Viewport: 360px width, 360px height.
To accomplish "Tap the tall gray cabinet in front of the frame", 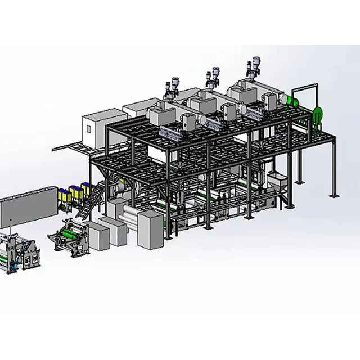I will click(150, 229).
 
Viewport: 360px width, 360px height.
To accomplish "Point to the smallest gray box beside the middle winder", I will click(97, 237).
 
